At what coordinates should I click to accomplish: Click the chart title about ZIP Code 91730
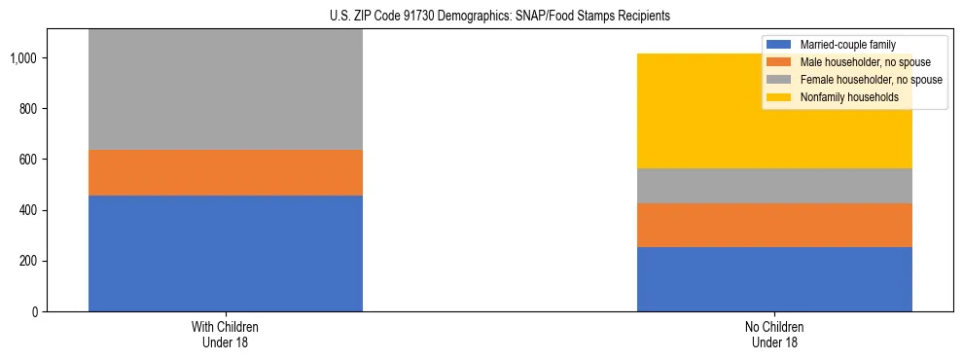tap(481, 17)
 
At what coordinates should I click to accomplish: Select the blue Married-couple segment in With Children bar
tap(226, 253)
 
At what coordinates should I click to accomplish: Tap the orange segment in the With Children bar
tap(226, 172)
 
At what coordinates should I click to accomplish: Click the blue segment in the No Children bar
tap(774, 279)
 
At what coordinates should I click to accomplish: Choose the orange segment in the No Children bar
tap(774, 225)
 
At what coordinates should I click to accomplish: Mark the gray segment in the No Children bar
tap(774, 186)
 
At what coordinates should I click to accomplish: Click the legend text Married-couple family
tap(848, 45)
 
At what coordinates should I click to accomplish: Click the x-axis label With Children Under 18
tap(226, 334)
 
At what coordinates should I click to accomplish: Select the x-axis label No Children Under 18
tap(774, 334)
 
